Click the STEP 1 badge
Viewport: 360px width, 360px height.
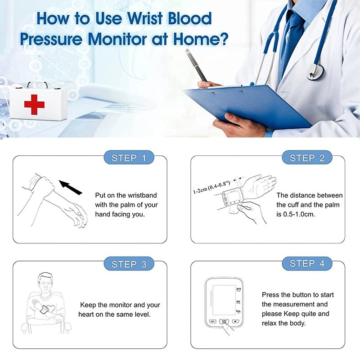(129, 158)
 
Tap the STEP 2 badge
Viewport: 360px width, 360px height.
(307, 158)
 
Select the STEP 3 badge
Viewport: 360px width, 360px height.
(129, 264)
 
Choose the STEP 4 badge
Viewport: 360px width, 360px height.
(307, 264)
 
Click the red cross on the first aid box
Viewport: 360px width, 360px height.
(34, 104)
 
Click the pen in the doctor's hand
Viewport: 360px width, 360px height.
(197, 66)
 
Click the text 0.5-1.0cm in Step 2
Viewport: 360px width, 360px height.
(299, 215)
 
